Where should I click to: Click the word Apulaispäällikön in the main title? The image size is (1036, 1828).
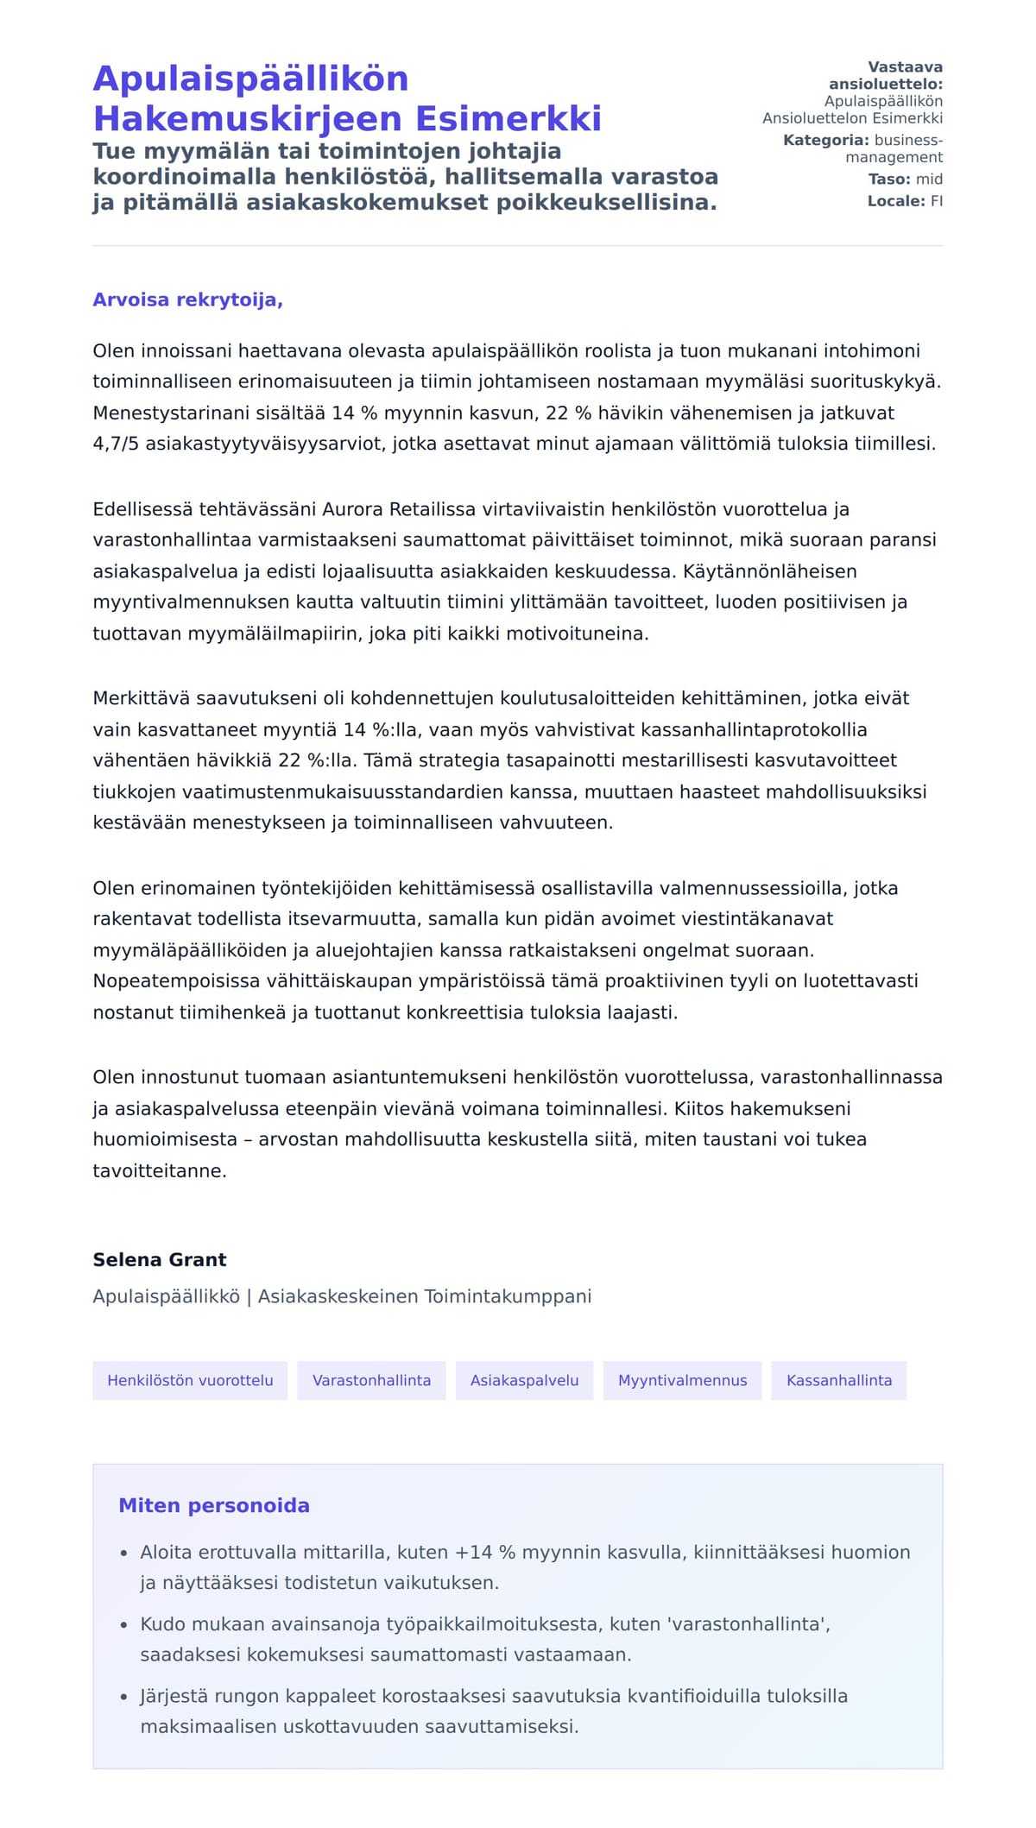250,79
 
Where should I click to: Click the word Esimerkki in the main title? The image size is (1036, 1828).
509,118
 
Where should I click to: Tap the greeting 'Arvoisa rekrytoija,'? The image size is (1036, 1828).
187,299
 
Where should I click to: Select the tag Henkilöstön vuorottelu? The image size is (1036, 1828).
190,1380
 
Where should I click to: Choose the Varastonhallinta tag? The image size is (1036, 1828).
371,1380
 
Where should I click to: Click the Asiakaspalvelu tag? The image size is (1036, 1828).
524,1380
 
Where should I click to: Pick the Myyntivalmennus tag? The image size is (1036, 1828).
682,1380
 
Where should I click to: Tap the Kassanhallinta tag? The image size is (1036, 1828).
838,1380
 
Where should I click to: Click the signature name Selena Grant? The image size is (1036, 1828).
160,1259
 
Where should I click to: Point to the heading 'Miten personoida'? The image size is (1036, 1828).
214,1505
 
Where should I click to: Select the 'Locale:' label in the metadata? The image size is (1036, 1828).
896,201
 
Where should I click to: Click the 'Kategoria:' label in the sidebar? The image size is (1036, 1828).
825,140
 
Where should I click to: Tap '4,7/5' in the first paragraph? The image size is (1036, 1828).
116,444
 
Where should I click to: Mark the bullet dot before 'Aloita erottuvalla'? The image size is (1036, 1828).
124,1554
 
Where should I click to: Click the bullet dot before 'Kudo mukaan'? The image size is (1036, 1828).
124,1625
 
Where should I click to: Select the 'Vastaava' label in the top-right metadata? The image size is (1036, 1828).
905,67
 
